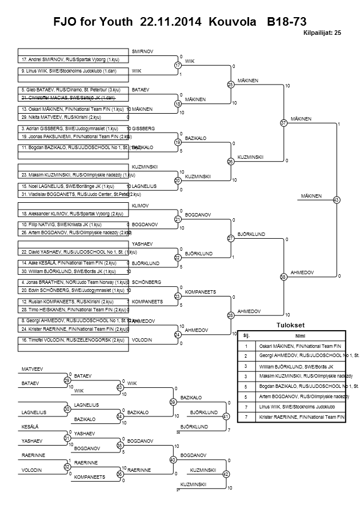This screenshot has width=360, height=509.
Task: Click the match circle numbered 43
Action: coord(336,200)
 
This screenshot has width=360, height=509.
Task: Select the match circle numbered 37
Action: coord(283,123)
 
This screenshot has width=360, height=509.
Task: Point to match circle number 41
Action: coord(226,416)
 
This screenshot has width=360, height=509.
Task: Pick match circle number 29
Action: coord(67,380)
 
